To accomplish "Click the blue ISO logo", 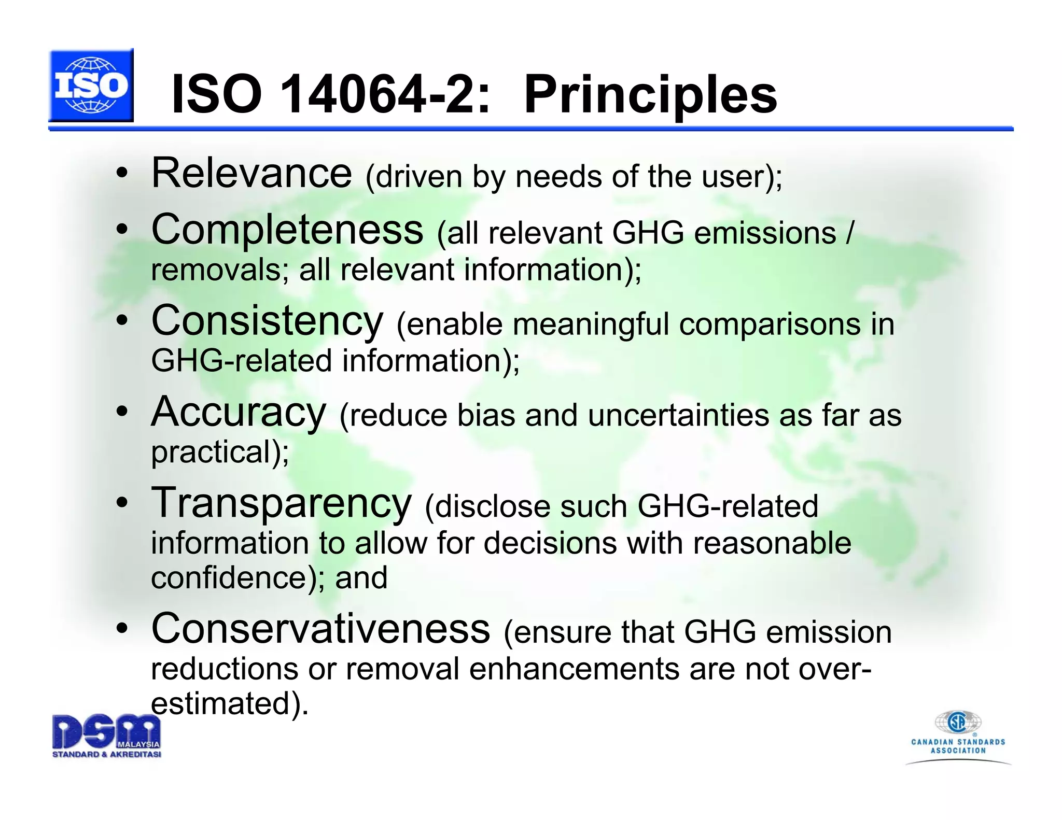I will coord(91,86).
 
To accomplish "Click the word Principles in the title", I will coord(650,95).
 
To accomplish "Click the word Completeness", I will coord(287,230).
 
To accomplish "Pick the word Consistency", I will coord(267,321).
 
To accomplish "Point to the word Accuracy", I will coord(239,412).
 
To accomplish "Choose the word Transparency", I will coord(281,503).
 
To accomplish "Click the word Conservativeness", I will coord(320,629).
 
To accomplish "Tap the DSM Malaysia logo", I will coord(106,736).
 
